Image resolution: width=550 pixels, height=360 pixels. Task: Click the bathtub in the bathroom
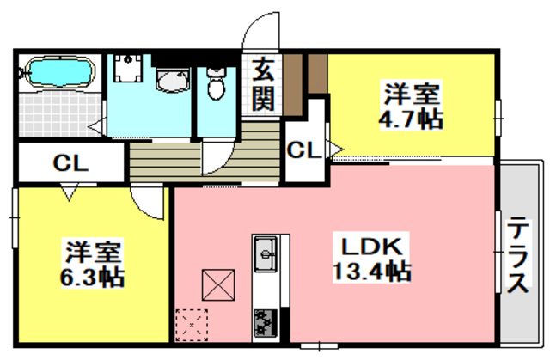coord(57,72)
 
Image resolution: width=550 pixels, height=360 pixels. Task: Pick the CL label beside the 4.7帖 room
coord(304,151)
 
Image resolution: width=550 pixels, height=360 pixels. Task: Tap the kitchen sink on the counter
coord(265,253)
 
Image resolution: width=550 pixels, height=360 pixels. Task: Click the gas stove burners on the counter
coord(264,324)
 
